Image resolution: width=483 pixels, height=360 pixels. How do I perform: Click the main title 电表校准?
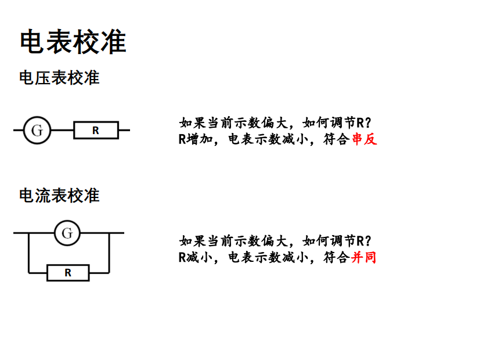[x=73, y=42]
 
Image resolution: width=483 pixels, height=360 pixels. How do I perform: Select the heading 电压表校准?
[x=59, y=77]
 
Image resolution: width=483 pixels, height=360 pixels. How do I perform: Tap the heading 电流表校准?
[x=59, y=196]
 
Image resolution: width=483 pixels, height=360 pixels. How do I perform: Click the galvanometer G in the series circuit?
[x=37, y=130]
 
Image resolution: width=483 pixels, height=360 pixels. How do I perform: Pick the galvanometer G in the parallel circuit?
[x=67, y=233]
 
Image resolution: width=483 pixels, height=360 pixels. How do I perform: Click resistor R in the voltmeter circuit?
[x=96, y=131]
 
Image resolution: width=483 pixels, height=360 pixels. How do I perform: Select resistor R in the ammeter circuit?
[x=68, y=272]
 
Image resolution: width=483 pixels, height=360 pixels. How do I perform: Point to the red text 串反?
[x=365, y=139]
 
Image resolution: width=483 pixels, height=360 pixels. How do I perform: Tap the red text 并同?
[x=364, y=257]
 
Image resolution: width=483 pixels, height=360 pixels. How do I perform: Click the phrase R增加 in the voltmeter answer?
[x=192, y=139]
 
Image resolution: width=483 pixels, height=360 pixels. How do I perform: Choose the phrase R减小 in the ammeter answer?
[x=192, y=257]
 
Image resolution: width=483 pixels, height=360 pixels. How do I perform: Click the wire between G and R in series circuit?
[x=62, y=130]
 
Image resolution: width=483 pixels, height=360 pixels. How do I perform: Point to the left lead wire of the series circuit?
[x=18, y=130]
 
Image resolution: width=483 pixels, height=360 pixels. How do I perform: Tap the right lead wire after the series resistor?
[x=124, y=130]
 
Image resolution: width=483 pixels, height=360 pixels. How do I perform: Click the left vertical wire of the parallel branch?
[x=28, y=253]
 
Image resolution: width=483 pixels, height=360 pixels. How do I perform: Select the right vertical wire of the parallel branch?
[x=109, y=253]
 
